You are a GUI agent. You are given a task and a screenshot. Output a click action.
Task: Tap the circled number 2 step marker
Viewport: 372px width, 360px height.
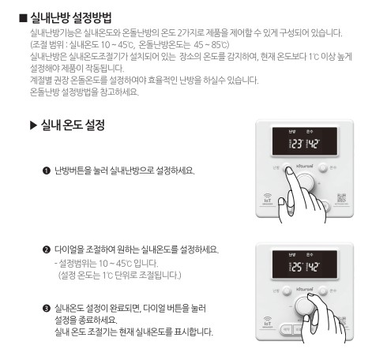pos(47,250)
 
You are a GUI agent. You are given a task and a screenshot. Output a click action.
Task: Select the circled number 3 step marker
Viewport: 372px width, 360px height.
pos(47,307)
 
